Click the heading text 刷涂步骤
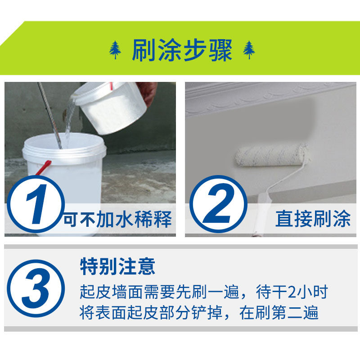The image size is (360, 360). [182, 50]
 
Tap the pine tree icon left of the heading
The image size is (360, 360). [115, 50]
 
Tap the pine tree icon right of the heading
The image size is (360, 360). [249, 50]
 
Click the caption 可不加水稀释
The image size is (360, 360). [118, 220]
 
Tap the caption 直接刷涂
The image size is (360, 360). [313, 219]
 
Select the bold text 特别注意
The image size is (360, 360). [117, 267]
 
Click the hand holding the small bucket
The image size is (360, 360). [147, 90]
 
